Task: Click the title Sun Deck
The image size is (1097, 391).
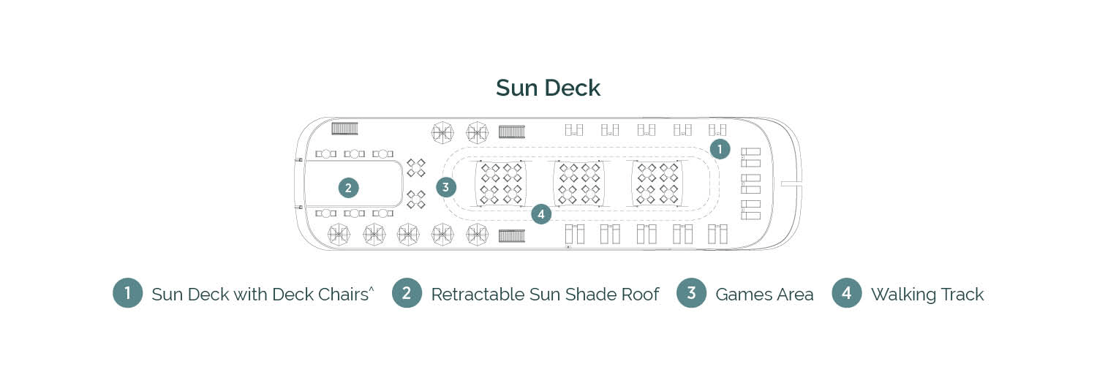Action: click(548, 88)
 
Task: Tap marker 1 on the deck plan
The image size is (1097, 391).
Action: click(720, 149)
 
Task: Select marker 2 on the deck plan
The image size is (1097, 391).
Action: click(348, 188)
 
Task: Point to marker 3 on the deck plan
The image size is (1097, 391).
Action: click(445, 187)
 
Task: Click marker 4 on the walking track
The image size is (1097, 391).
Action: click(540, 214)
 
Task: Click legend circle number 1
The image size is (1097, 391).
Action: click(127, 294)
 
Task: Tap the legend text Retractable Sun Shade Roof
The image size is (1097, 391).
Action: click(544, 295)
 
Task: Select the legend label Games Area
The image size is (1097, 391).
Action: click(764, 295)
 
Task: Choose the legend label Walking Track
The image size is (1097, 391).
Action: click(927, 295)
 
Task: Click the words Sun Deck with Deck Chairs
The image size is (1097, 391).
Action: click(260, 295)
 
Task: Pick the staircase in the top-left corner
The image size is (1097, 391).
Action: click(344, 129)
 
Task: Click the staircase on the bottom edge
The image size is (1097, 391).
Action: click(512, 235)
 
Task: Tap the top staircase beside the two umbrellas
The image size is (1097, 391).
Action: click(512, 132)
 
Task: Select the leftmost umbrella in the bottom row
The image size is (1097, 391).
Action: click(339, 234)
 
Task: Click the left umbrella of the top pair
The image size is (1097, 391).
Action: click(442, 132)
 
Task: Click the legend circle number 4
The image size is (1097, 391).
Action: click(846, 294)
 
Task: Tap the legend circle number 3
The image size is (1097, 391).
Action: click(691, 294)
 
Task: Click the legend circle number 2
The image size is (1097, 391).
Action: click(407, 294)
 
